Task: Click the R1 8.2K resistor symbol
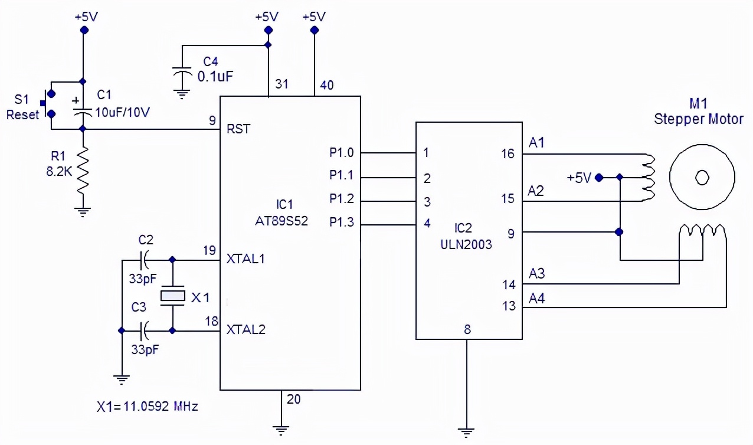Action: [x=83, y=174]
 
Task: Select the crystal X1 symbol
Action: [x=172, y=296]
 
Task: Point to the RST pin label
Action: [x=238, y=129]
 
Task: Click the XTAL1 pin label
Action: [x=246, y=259]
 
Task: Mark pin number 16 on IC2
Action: [x=508, y=154]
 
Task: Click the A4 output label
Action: [x=537, y=299]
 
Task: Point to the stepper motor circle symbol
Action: [x=702, y=176]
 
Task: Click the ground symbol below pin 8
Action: [x=467, y=431]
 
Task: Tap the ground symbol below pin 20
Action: [x=282, y=430]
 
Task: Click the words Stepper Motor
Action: [x=699, y=119]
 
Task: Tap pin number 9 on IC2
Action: [x=510, y=234]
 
